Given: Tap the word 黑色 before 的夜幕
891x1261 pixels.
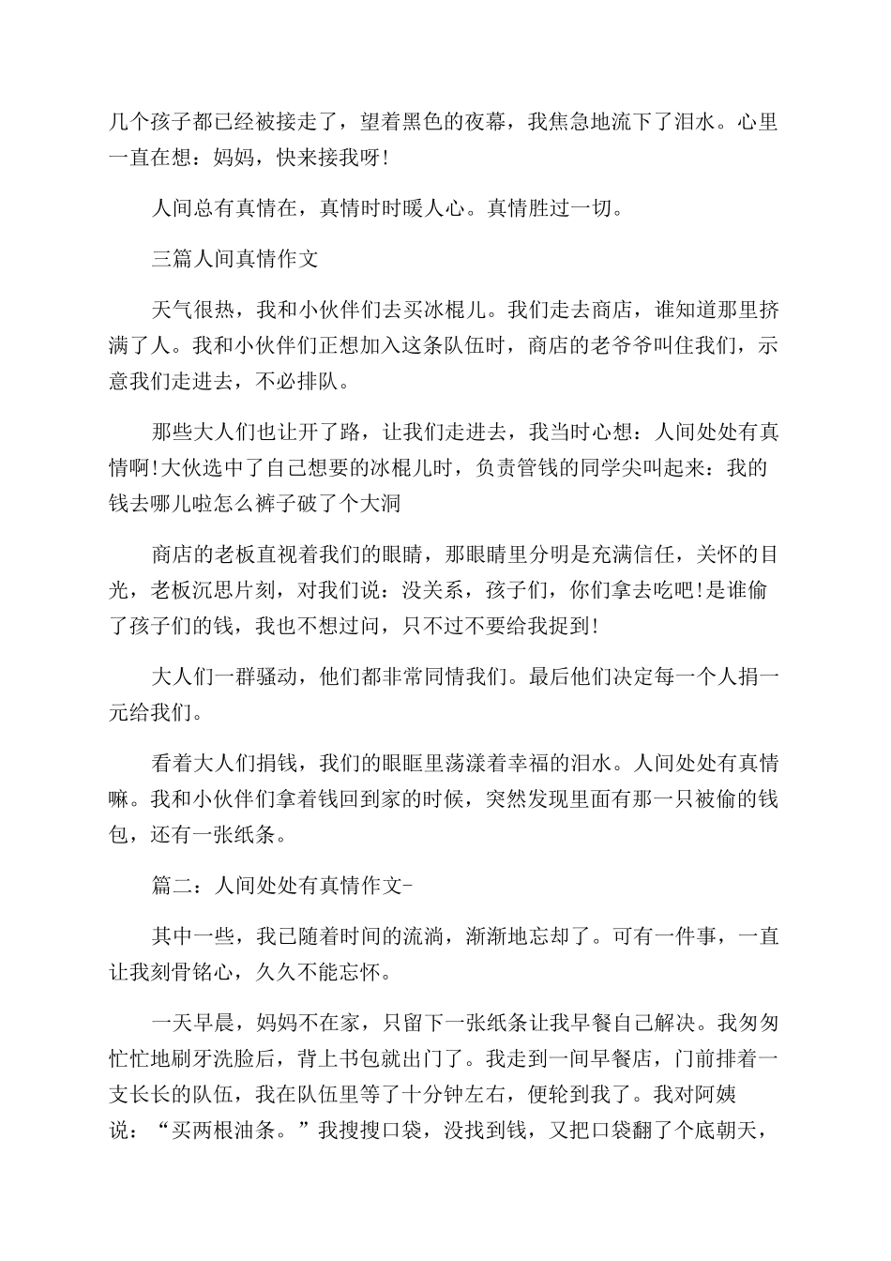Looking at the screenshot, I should [x=425, y=122].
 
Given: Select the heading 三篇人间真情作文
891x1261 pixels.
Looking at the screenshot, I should [x=234, y=259].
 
